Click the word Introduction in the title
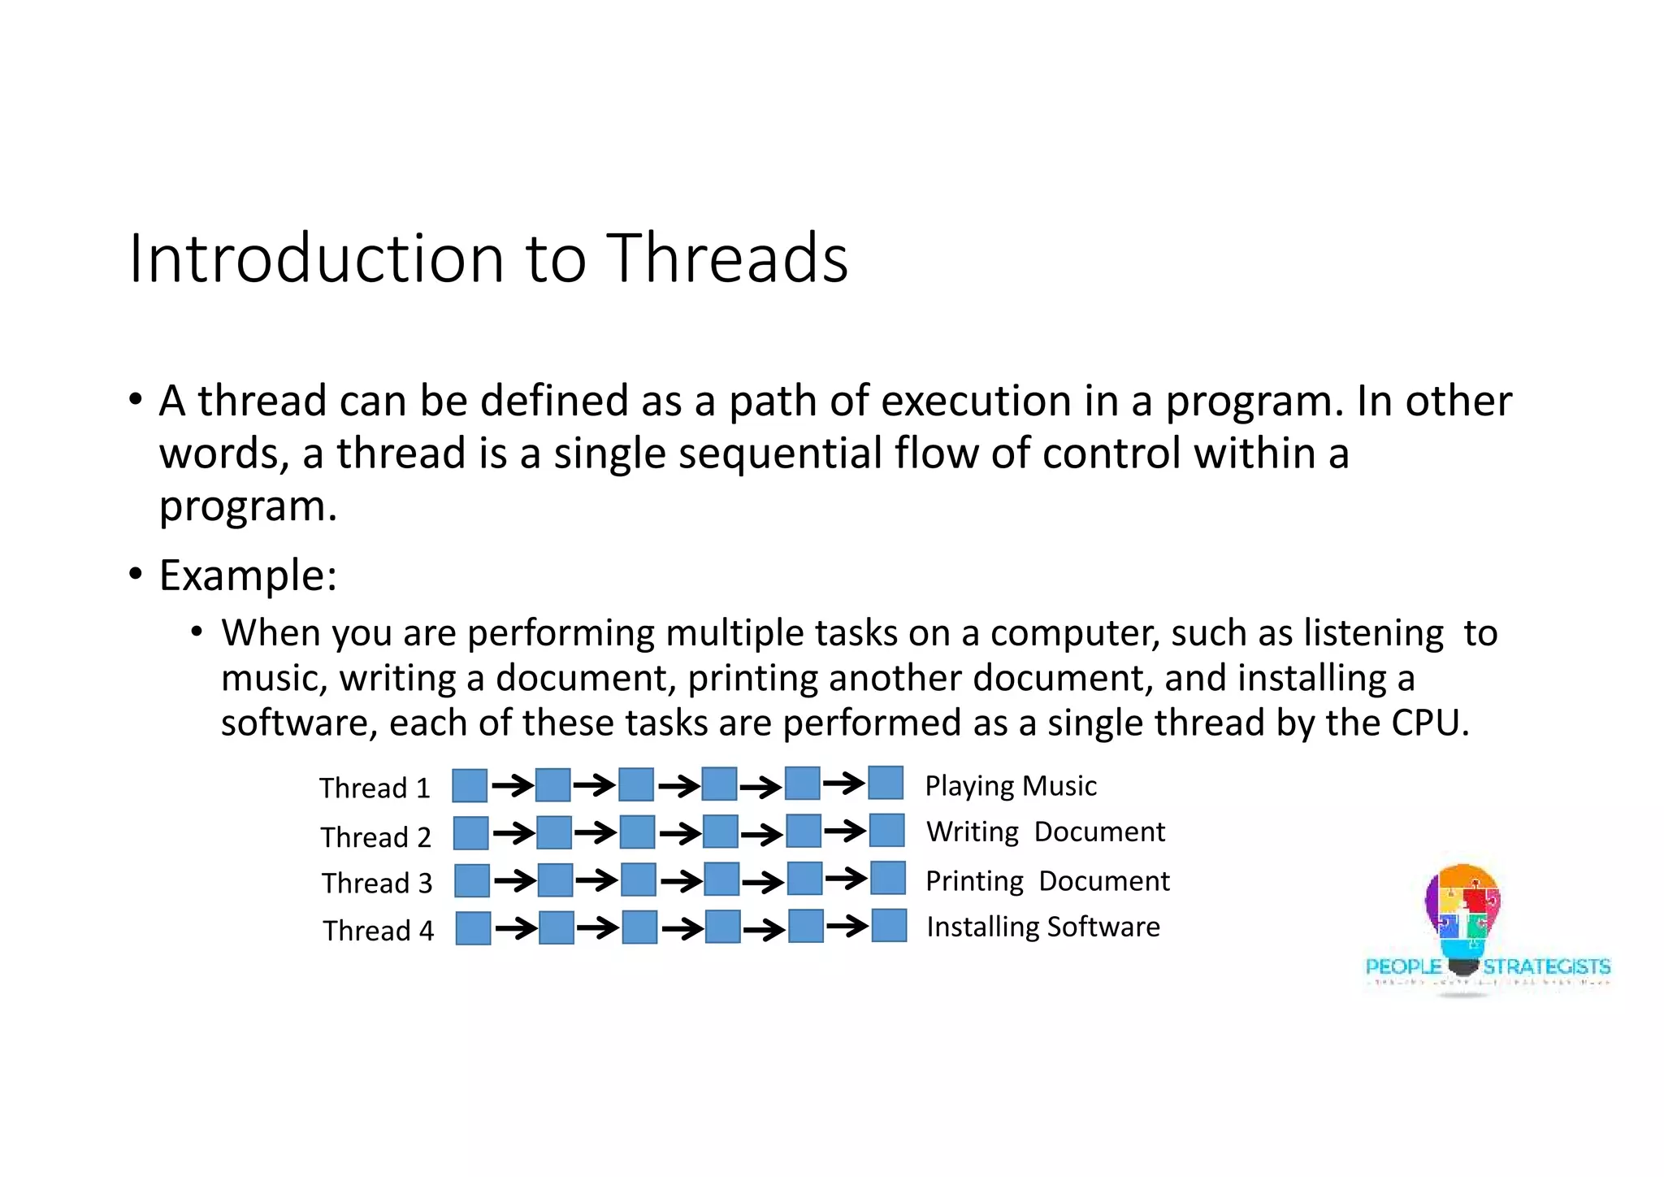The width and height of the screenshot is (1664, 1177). tap(317, 258)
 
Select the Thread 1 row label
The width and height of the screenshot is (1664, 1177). tap(375, 788)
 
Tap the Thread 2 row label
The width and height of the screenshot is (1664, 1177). tap(375, 836)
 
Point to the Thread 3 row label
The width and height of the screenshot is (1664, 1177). tap(377, 883)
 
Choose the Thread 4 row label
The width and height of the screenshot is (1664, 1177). tap(378, 930)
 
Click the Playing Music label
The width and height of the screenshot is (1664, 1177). tap(1010, 786)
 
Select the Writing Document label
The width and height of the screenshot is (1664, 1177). tap(1045, 832)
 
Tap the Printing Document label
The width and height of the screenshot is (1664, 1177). tap(1046, 881)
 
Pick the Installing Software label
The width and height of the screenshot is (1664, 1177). tap(1042, 927)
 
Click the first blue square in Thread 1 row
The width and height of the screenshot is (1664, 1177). tap(470, 786)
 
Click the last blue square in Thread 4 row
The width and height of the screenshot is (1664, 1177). tap(889, 926)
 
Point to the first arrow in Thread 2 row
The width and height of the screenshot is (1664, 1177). tap(513, 833)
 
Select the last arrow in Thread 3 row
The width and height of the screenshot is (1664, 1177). tap(846, 879)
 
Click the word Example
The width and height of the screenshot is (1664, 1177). tap(247, 575)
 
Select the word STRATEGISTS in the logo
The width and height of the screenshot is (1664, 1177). tap(1545, 966)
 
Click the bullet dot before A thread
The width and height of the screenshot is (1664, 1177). tap(136, 400)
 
